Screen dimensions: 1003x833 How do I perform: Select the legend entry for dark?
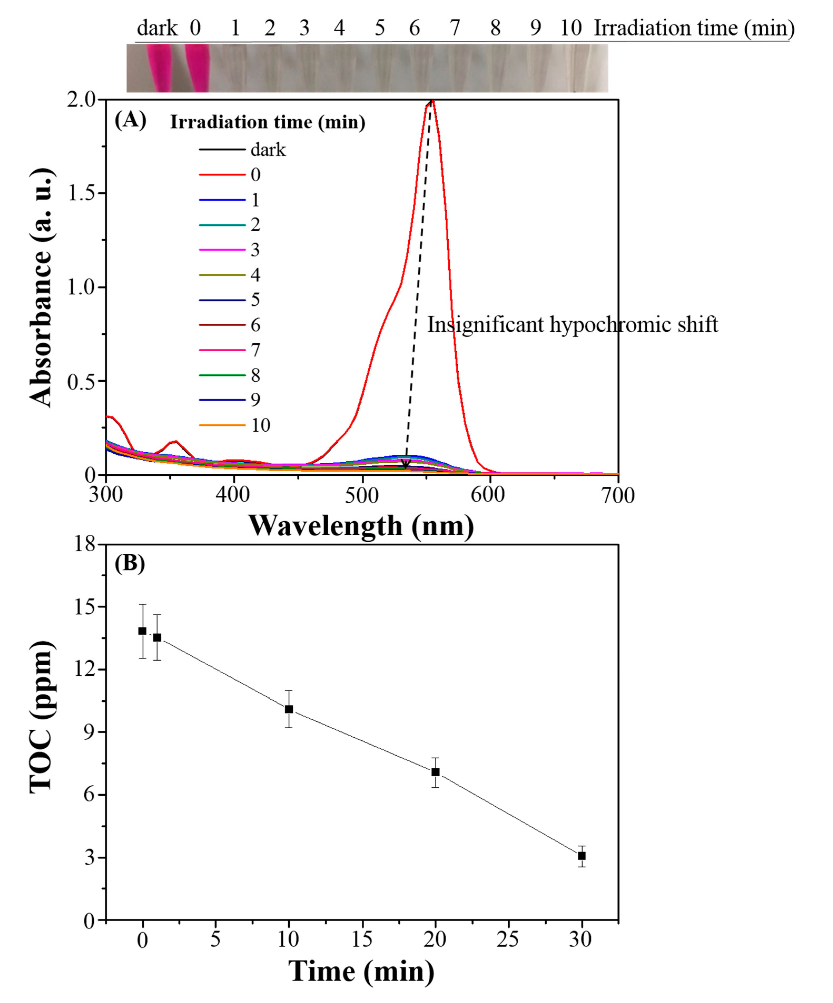click(242, 150)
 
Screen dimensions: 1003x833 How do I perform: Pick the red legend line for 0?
click(222, 175)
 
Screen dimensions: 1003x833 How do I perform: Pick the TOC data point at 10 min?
click(289, 709)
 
